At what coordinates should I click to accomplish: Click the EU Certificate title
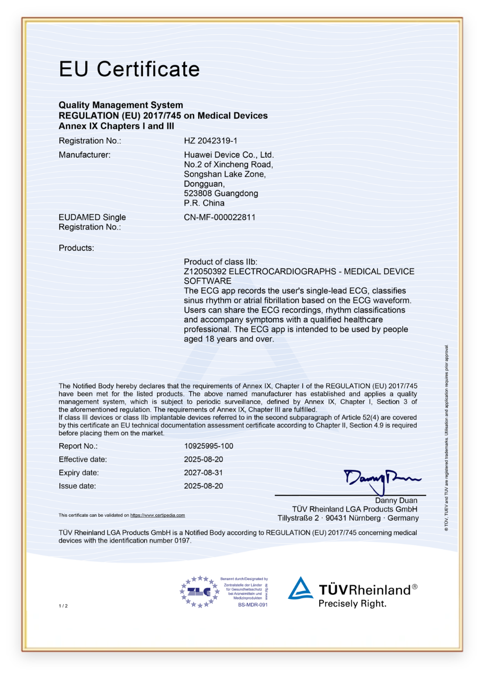(129, 69)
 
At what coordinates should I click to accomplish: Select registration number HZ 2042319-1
(211, 141)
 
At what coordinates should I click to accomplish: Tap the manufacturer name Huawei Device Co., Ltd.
(229, 155)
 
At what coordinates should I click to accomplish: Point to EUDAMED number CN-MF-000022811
(220, 218)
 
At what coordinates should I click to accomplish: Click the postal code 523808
(198, 194)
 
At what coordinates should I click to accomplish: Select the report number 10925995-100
(209, 447)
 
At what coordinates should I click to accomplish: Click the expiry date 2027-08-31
(203, 473)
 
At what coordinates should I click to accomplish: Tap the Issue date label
(77, 486)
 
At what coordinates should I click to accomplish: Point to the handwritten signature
(381, 479)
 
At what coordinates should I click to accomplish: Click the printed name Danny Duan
(396, 501)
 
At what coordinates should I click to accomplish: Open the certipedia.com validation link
(157, 516)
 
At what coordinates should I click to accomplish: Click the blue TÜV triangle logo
(301, 588)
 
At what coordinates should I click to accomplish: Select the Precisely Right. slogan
(352, 604)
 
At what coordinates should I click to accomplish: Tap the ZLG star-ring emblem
(199, 592)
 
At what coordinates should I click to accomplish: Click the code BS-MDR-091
(252, 605)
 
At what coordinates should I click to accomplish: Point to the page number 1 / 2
(63, 606)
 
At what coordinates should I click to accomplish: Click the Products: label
(76, 248)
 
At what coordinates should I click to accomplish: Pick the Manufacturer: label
(85, 155)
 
